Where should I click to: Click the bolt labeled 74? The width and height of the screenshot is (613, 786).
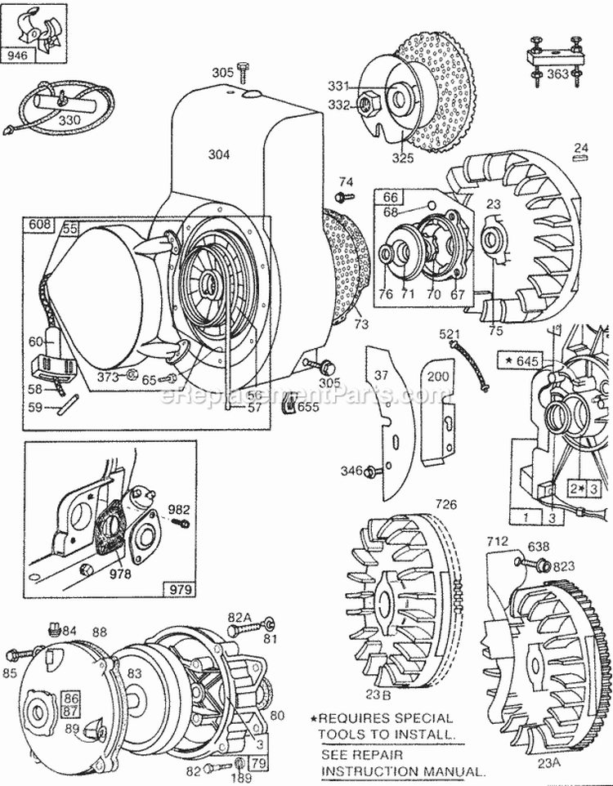click(x=343, y=197)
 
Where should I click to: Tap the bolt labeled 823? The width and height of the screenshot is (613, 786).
click(x=541, y=564)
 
